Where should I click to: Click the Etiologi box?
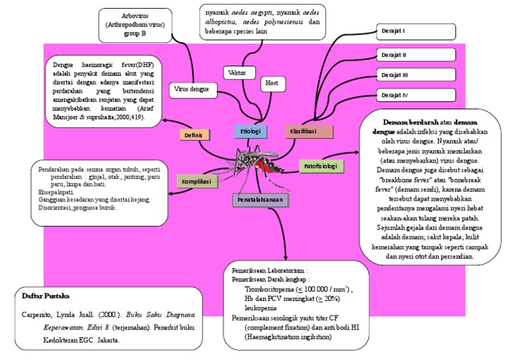pos(250,131)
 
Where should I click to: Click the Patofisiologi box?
pos(321,165)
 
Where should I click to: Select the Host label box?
pos(272,83)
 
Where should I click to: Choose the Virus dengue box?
pos(192,88)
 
